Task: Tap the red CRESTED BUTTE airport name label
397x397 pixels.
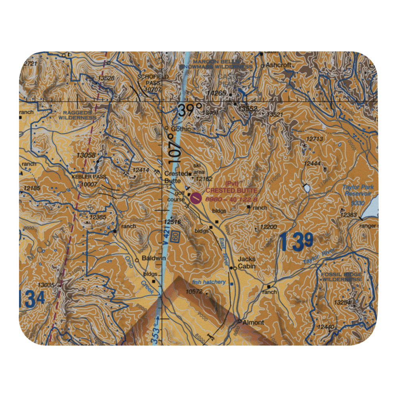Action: click(x=231, y=191)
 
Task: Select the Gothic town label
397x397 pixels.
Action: click(x=181, y=129)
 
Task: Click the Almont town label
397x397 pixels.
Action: click(x=253, y=322)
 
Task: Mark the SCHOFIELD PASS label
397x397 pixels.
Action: click(x=153, y=82)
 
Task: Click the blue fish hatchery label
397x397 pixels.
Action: click(x=209, y=282)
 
